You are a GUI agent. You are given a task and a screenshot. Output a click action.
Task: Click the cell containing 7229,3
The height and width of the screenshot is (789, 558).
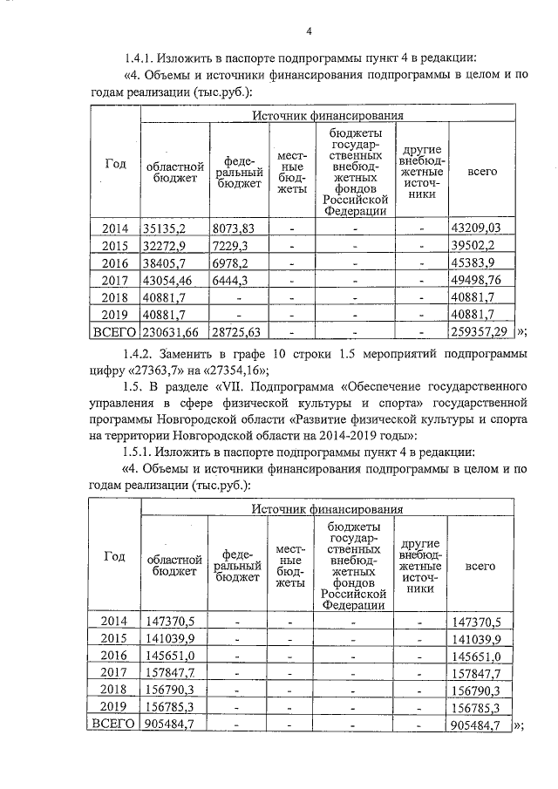(230, 246)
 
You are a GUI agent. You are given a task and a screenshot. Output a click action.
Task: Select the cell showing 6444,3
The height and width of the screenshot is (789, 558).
(230, 280)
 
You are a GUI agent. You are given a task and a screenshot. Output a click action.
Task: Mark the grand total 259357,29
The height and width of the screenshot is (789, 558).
(481, 332)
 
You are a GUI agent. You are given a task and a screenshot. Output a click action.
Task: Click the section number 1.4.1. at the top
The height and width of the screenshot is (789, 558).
(143, 59)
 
